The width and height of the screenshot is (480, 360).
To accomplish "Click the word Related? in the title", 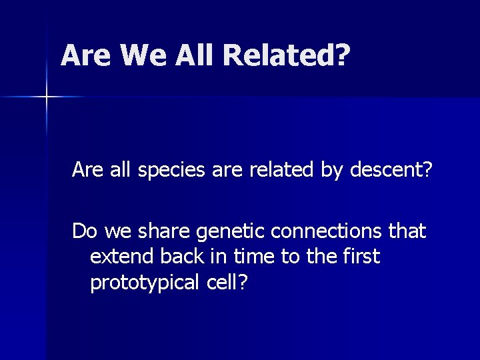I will (x=287, y=56).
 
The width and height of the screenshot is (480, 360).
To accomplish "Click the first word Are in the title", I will (x=87, y=56).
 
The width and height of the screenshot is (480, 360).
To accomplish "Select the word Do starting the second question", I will (x=84, y=231).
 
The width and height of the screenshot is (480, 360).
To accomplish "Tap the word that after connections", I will (x=405, y=231).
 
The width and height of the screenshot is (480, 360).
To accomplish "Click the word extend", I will (x=117, y=257).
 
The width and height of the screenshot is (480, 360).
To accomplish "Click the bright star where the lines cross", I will (x=46, y=97).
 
